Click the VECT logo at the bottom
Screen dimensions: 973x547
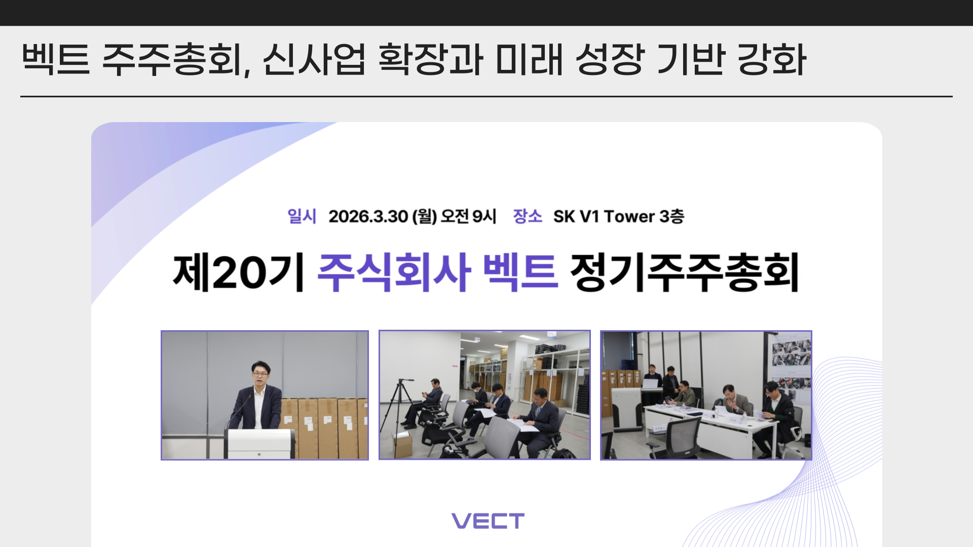click(488, 521)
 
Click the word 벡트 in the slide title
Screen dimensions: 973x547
click(56, 60)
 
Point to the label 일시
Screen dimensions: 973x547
click(302, 216)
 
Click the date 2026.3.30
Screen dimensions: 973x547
click(368, 217)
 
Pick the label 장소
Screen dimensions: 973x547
click(528, 216)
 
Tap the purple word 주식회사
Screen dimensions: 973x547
click(394, 272)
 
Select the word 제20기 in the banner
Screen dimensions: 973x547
click(239, 272)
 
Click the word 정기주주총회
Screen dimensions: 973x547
click(685, 272)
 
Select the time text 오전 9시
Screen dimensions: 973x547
click(468, 217)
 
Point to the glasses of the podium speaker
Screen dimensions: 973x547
click(260, 374)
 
